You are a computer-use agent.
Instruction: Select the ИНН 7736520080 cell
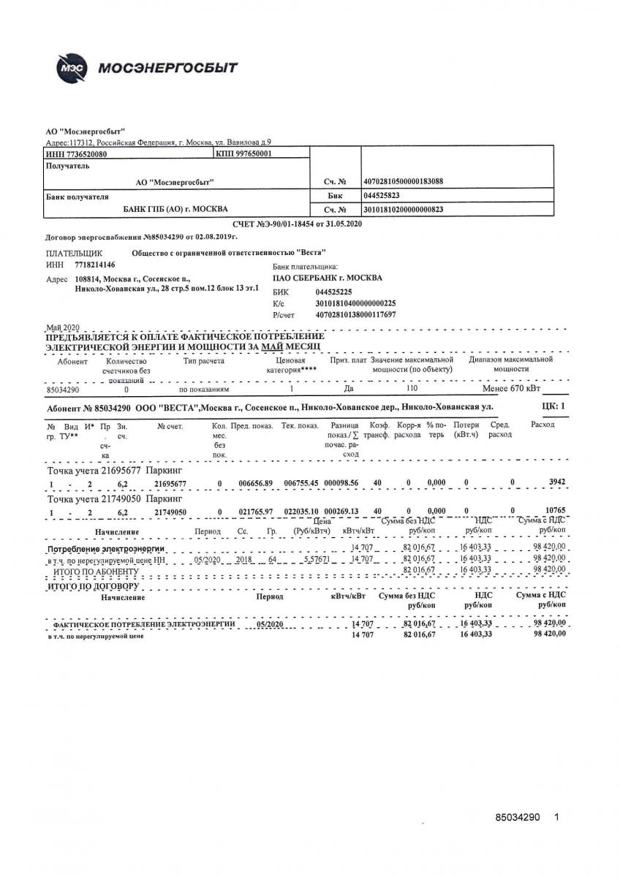[x=76, y=155]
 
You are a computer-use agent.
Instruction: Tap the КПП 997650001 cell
[x=243, y=155]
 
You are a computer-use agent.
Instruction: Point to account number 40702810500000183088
[x=403, y=181]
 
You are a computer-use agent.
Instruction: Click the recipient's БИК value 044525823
[x=381, y=196]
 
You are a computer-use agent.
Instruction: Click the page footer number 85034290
[x=517, y=818]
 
